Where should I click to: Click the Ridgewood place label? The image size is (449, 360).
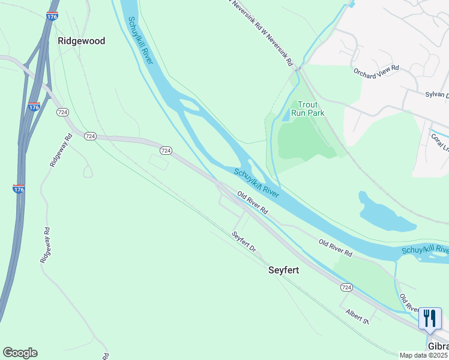81,41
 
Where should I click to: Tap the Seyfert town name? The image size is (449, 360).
283,270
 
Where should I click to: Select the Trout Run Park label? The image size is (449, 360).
307,108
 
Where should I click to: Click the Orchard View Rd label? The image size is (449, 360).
376,72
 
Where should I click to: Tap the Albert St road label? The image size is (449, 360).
357,316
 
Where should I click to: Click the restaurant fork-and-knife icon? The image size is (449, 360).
430,318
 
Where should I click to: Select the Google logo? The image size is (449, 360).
20,353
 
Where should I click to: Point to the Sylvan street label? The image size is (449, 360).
436,95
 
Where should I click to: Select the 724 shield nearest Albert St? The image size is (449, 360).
346,287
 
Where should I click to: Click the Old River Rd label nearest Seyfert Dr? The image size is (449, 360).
252,204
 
